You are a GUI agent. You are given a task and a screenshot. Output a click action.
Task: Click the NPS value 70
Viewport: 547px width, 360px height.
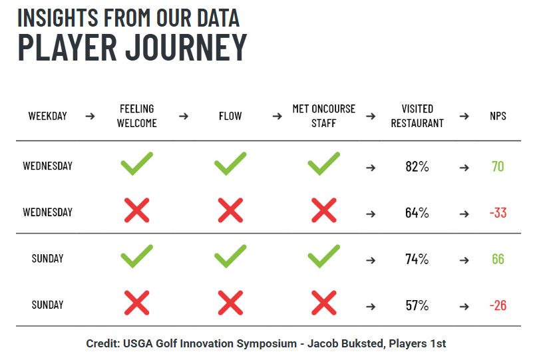(498, 166)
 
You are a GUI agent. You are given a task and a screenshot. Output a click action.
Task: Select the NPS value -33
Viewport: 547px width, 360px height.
(498, 213)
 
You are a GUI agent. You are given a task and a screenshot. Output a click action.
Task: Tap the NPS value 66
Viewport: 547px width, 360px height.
(498, 259)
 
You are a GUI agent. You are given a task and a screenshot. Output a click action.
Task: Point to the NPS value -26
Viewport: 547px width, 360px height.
(498, 305)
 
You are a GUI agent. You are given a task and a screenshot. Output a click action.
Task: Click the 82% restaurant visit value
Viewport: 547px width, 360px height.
(417, 166)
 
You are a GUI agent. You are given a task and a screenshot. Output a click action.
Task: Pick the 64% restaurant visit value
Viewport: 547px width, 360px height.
(417, 213)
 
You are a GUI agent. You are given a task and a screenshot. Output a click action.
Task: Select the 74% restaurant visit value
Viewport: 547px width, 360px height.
(417, 259)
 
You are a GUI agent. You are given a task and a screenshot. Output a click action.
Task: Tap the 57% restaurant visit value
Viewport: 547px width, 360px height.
(417, 305)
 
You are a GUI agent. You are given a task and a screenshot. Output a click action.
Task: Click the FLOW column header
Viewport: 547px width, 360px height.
(230, 116)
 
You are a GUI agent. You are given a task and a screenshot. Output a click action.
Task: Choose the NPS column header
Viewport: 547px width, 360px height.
(498, 116)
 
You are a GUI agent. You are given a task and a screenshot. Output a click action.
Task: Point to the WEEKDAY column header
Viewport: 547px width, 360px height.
(47, 116)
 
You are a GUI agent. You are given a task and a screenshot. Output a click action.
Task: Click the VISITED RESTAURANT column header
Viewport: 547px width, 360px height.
(417, 116)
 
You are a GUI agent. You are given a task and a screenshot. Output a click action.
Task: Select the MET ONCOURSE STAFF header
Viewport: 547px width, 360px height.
(323, 116)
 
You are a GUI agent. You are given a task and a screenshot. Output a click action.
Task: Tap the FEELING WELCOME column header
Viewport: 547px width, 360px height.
(137, 116)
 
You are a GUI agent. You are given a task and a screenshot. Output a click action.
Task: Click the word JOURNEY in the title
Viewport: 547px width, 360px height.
(186, 47)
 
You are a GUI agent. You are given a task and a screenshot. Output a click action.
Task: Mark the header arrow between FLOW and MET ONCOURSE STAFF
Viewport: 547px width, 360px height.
(277, 116)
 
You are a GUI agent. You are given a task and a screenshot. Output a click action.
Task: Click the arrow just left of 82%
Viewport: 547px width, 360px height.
(371, 168)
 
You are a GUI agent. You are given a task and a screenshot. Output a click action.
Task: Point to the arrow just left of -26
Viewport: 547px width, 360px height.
(464, 307)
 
